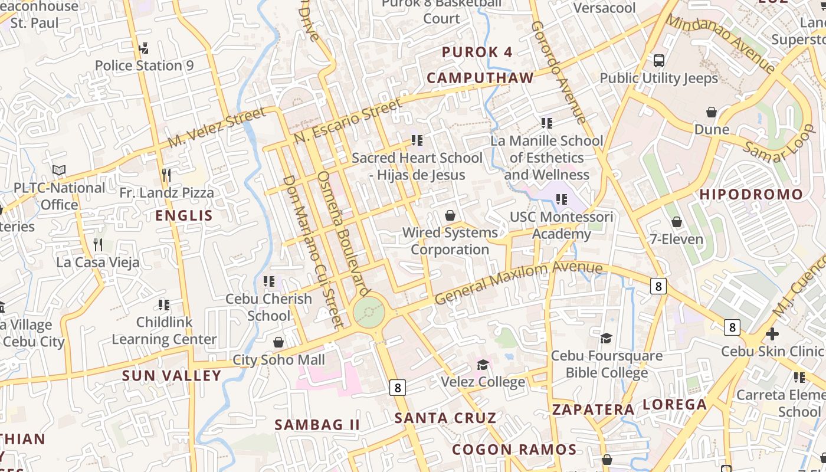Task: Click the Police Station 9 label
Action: click(144, 65)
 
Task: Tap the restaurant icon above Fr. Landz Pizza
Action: click(166, 175)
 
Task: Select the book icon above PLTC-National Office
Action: click(59, 171)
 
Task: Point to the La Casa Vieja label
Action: click(98, 262)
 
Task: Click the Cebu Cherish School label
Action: click(268, 307)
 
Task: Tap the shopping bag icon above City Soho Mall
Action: click(278, 342)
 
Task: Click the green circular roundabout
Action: click(369, 311)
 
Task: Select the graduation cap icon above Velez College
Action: click(483, 364)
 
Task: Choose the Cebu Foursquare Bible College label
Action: click(607, 364)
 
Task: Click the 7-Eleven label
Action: click(676, 239)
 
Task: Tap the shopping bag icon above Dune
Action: click(712, 112)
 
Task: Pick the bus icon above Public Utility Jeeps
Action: click(659, 60)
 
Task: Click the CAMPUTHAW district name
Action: click(480, 78)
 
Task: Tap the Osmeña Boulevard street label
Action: click(343, 234)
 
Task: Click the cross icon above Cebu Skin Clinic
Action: click(772, 334)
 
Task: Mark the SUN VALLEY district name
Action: click(172, 375)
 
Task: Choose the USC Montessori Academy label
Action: click(561, 225)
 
